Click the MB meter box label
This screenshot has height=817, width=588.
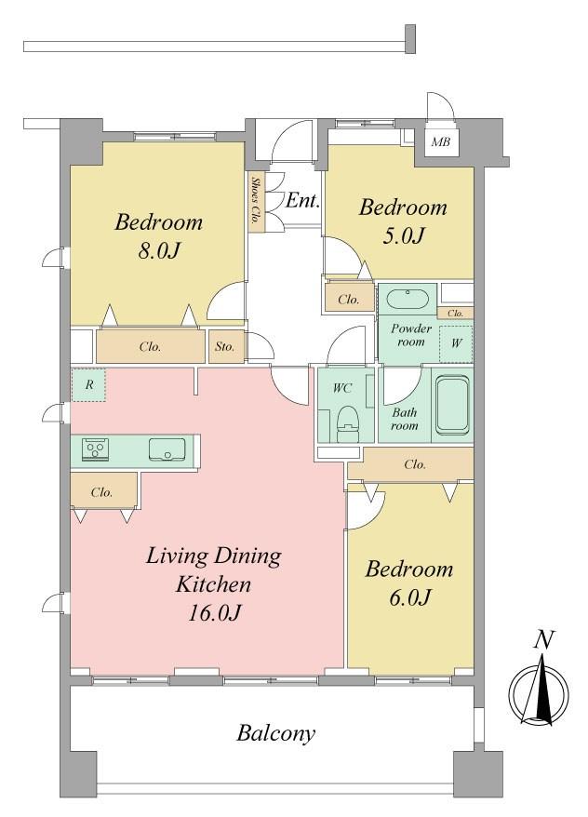pyautogui.click(x=441, y=141)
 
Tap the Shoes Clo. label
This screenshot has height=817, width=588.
pyautogui.click(x=256, y=202)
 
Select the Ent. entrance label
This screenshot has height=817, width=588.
pyautogui.click(x=302, y=200)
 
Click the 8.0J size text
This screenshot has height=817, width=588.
pyautogui.click(x=159, y=250)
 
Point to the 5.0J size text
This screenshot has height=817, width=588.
pyautogui.click(x=404, y=235)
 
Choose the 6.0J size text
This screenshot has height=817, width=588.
pyautogui.click(x=409, y=597)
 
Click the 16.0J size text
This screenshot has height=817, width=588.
pyautogui.click(x=214, y=612)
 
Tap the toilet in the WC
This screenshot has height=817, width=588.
pyautogui.click(x=348, y=423)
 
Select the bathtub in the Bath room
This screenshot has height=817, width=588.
pyautogui.click(x=452, y=406)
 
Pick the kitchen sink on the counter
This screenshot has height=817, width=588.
pyautogui.click(x=167, y=449)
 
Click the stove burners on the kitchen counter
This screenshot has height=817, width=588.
pyautogui.click(x=95, y=449)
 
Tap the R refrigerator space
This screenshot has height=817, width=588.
pyautogui.click(x=89, y=384)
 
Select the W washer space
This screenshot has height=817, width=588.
pyautogui.click(x=456, y=343)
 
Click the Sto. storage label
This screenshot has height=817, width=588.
pyautogui.click(x=224, y=346)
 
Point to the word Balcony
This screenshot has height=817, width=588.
pyautogui.click(x=276, y=733)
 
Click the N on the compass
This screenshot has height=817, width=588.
pyautogui.click(x=543, y=639)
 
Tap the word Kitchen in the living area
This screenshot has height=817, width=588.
pyautogui.click(x=214, y=584)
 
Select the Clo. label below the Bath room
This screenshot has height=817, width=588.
pyautogui.click(x=415, y=464)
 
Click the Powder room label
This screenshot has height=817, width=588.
pyautogui.click(x=411, y=335)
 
